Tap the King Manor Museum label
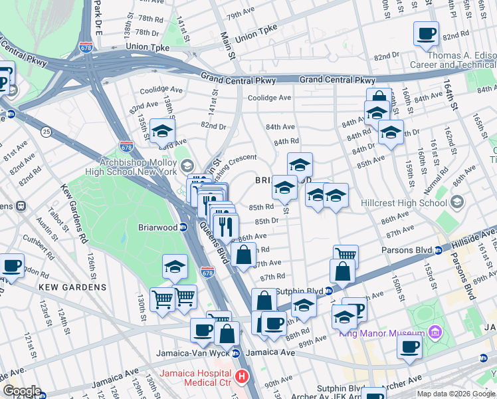[x=381, y=333]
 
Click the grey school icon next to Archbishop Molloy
[x=187, y=165]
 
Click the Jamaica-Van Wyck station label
[x=193, y=353]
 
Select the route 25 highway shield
[x=46, y=132]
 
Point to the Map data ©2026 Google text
[x=456, y=394]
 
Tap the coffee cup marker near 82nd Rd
[x=426, y=33]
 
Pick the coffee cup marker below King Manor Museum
[x=409, y=347]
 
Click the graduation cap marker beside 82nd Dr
[x=162, y=131]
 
